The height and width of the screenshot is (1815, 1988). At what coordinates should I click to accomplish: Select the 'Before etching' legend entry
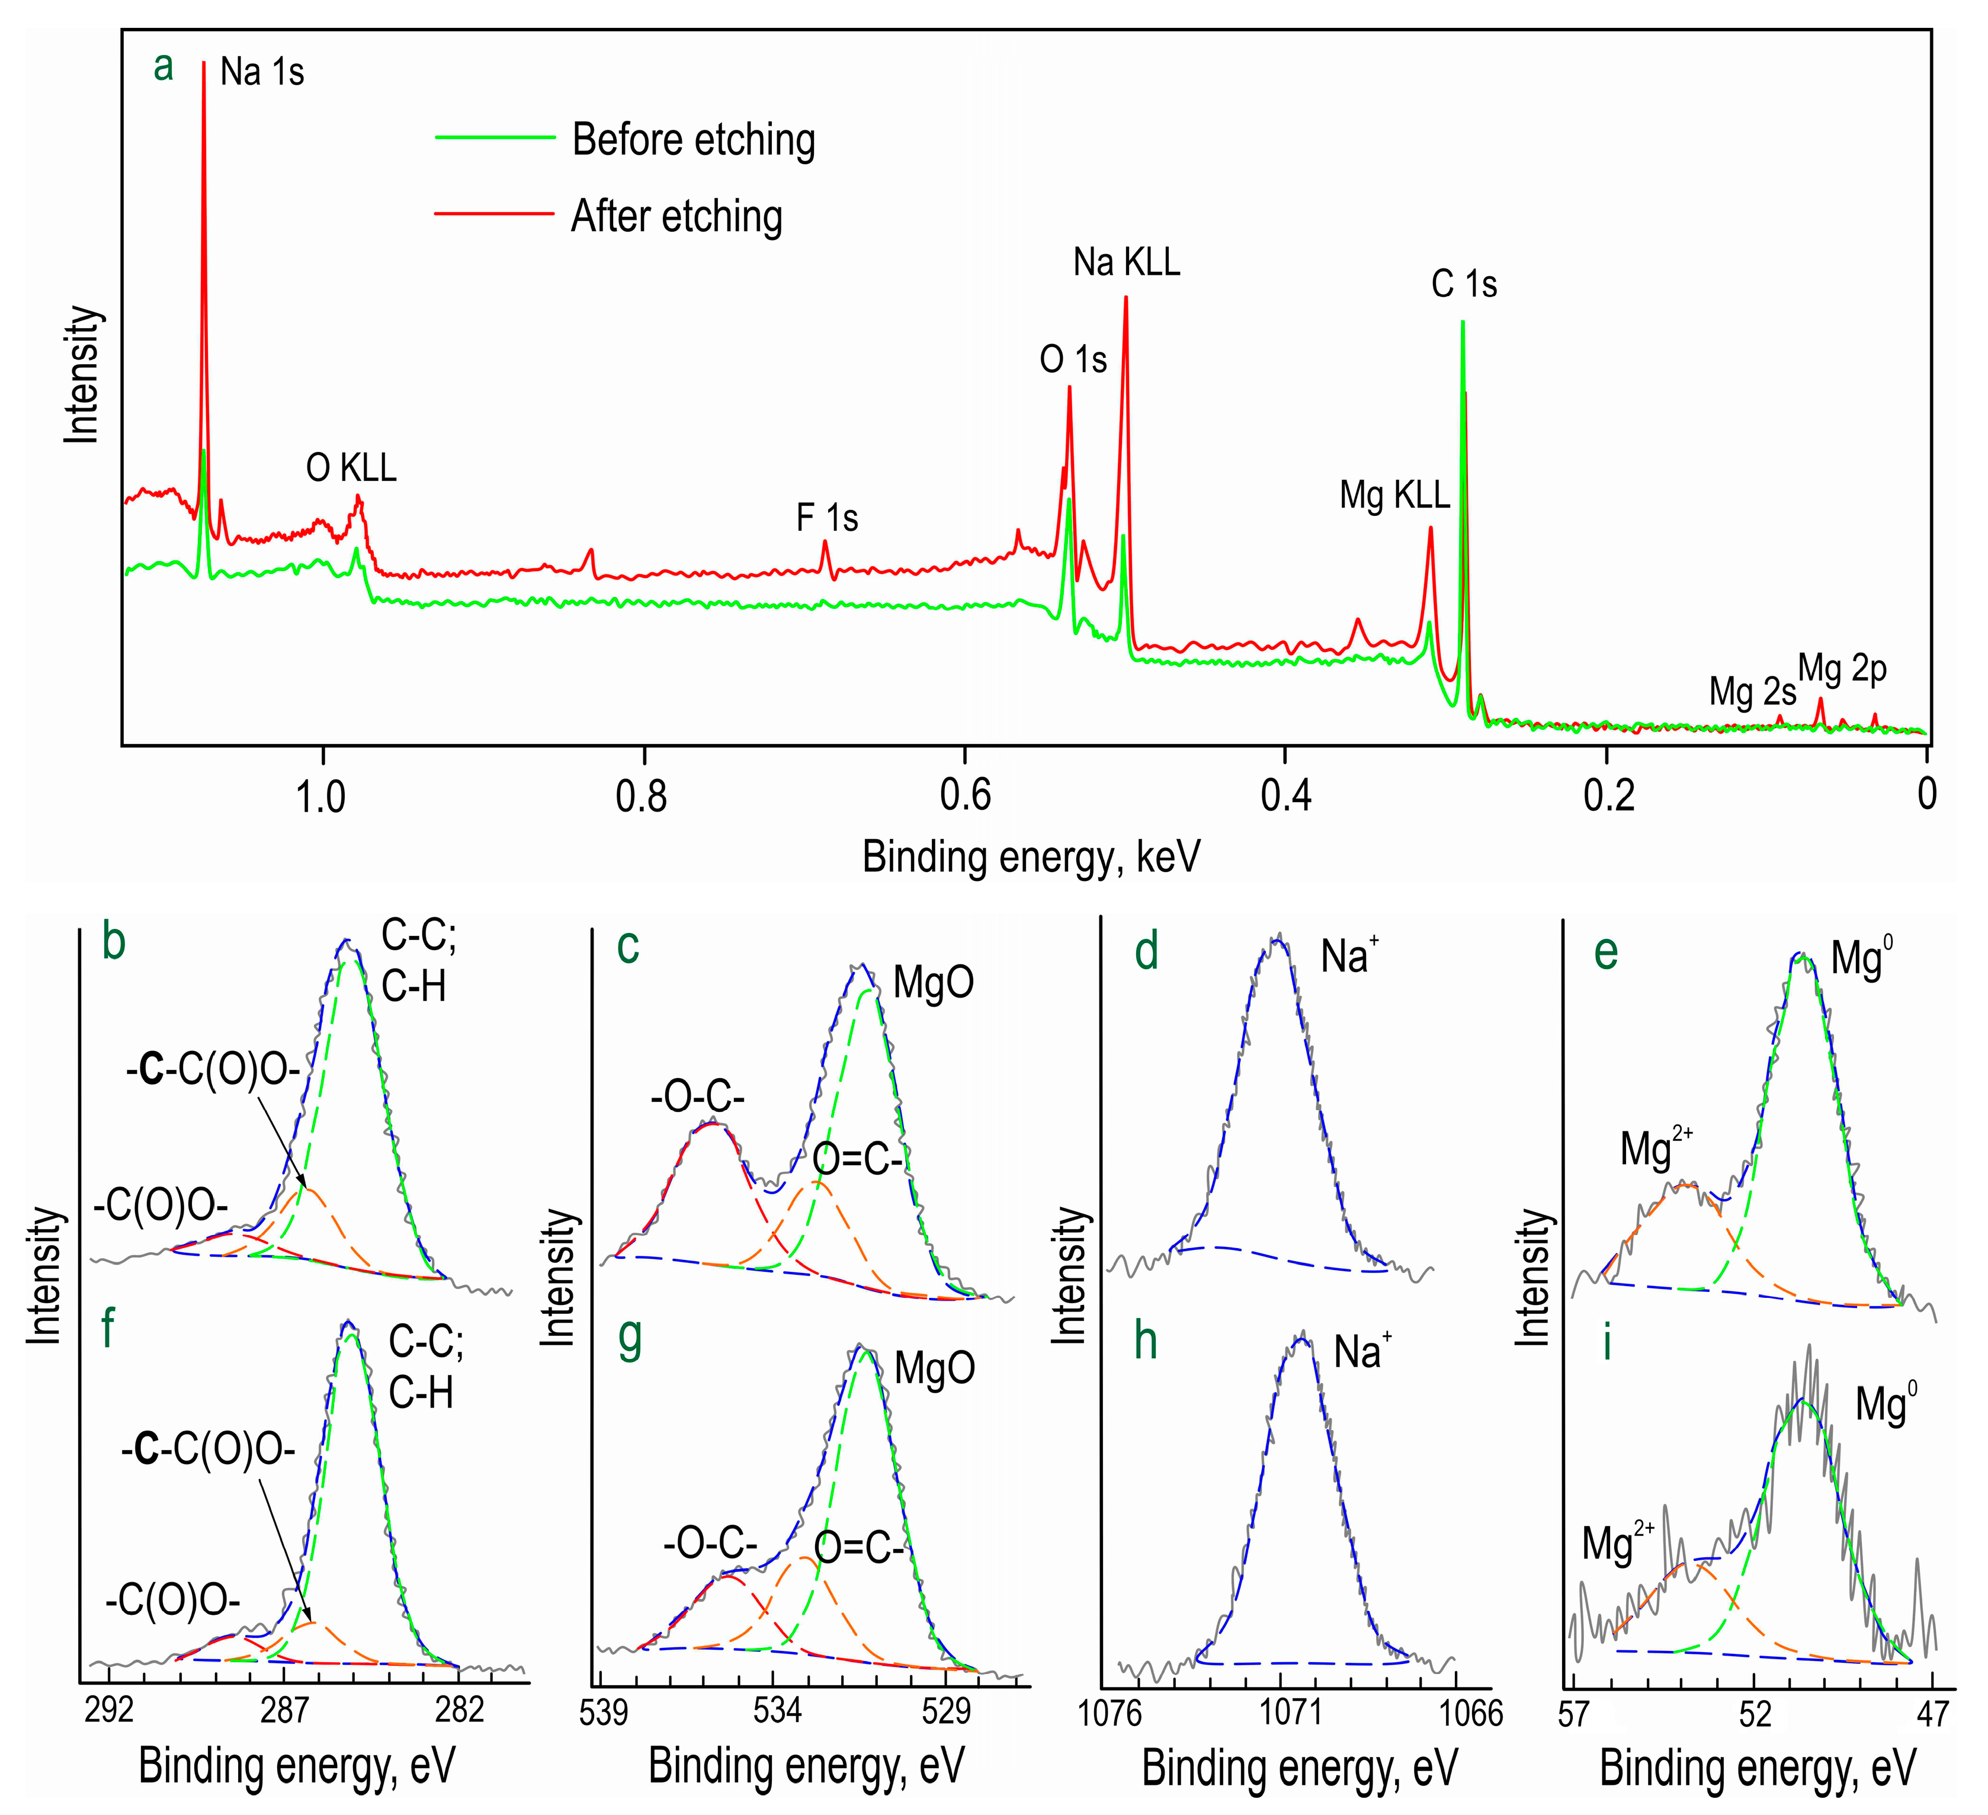tap(692, 140)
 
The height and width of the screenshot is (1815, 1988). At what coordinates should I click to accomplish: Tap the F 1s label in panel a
tap(826, 518)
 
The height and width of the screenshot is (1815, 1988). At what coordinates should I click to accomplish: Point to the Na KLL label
tap(1126, 262)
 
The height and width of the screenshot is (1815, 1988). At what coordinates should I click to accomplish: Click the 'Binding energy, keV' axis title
tap(1031, 857)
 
